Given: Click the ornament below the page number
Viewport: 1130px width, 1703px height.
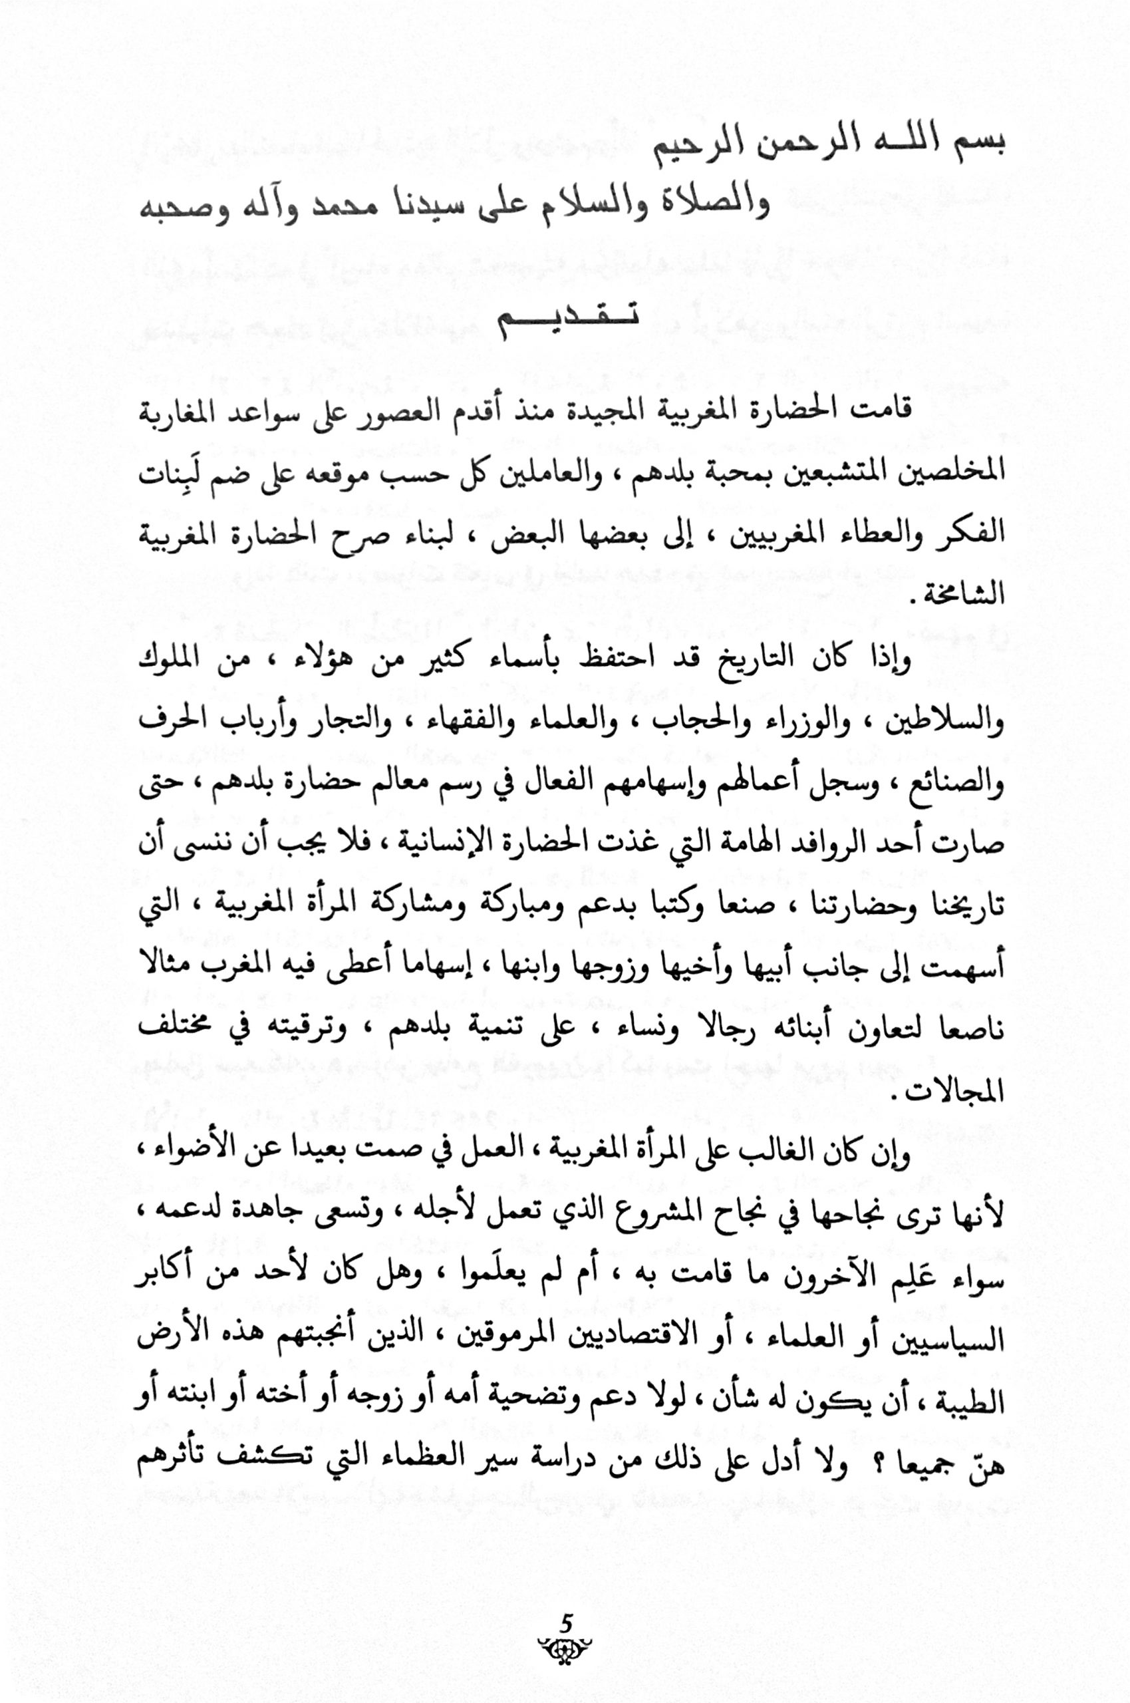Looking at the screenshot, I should [565, 1623].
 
